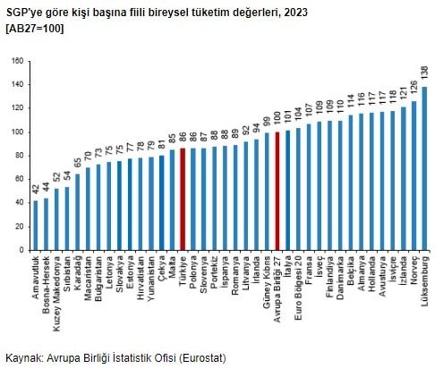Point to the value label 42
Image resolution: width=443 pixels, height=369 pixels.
pyautogui.click(x=36, y=188)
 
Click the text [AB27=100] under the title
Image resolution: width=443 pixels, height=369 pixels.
pyautogui.click(x=36, y=28)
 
